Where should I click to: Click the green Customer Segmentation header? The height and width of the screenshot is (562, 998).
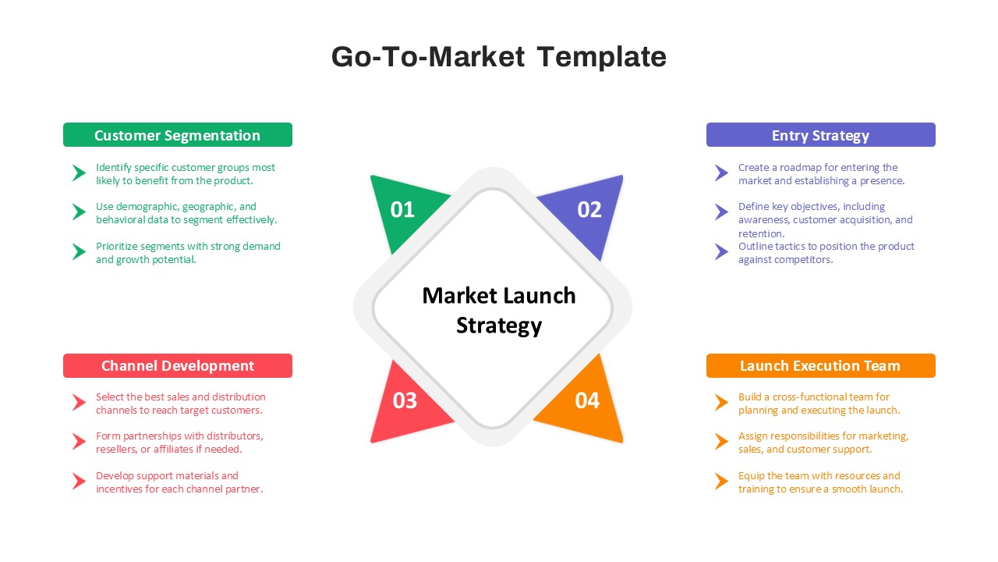tap(178, 135)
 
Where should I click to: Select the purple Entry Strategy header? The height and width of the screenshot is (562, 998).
tap(821, 135)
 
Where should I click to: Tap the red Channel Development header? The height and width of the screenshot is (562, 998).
tap(178, 366)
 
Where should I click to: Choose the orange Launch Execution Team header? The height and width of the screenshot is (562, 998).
tap(821, 366)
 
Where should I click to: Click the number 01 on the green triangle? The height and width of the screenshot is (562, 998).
tap(402, 210)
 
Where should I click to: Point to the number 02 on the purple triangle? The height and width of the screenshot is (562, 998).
tap(589, 210)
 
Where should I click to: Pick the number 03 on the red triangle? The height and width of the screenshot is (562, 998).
tap(405, 400)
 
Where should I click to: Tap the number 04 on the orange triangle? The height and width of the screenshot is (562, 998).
tap(587, 400)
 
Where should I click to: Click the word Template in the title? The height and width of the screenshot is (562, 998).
tap(601, 58)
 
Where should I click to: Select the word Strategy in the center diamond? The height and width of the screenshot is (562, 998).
tap(499, 325)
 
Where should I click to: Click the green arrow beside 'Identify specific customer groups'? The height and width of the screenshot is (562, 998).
tap(79, 173)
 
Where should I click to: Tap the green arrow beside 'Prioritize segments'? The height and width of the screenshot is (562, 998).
tap(79, 251)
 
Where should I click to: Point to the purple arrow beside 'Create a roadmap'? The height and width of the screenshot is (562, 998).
tap(721, 173)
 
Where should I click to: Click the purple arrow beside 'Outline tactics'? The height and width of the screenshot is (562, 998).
tap(721, 251)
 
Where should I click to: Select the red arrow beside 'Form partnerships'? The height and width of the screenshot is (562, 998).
tap(79, 442)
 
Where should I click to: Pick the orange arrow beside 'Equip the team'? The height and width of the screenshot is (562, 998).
tap(721, 482)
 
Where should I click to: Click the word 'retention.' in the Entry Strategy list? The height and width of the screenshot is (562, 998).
tap(762, 233)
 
